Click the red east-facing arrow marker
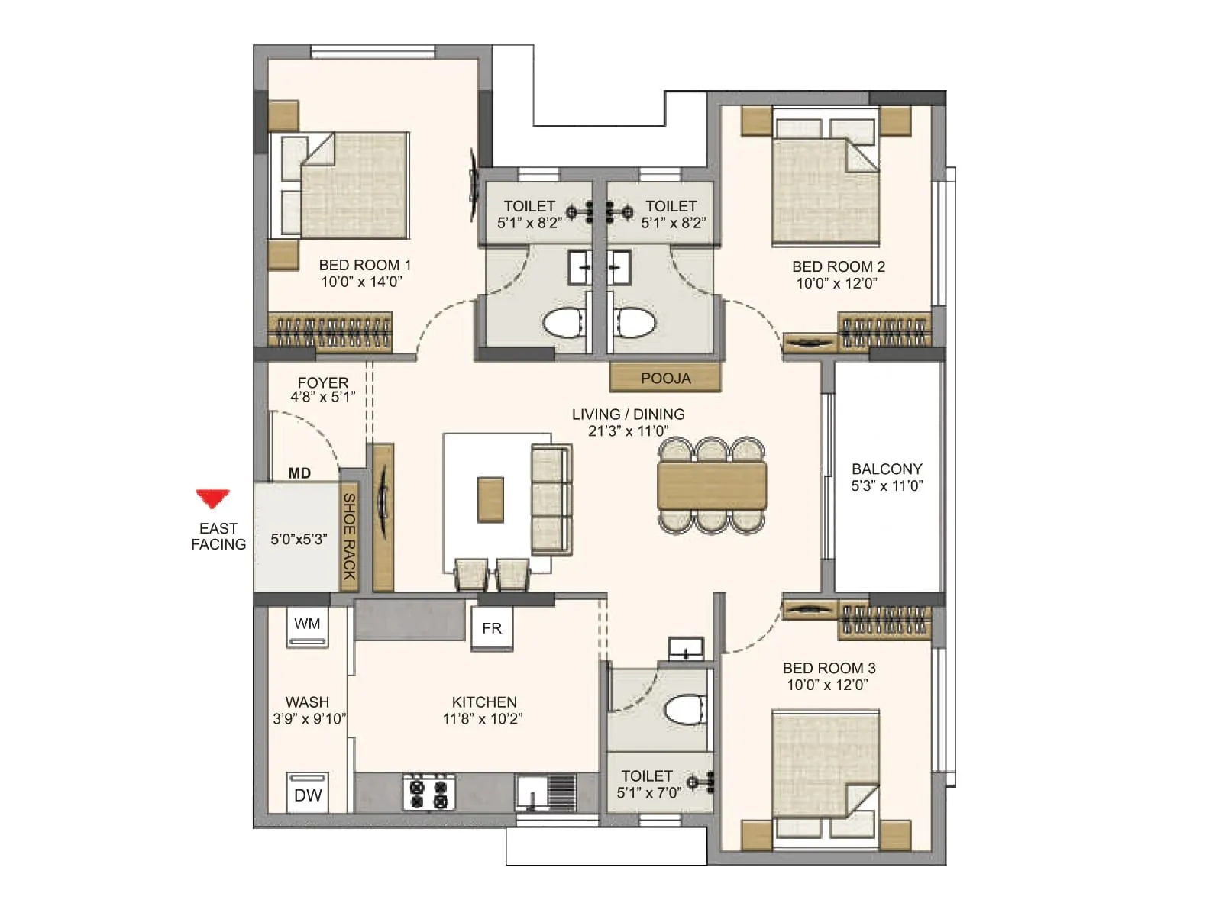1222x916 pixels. [x=212, y=498]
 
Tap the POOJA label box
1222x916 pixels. [x=665, y=378]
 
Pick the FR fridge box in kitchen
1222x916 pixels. [x=492, y=628]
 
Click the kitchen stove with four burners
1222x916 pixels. [x=429, y=792]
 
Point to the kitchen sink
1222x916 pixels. [x=545, y=792]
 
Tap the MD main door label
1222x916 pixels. [x=299, y=473]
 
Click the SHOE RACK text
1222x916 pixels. [x=349, y=536]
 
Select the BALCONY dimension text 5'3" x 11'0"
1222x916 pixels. [x=887, y=485]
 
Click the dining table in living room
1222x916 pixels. [x=712, y=485]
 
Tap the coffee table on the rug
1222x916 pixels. [x=490, y=499]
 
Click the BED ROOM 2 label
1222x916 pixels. [x=838, y=266]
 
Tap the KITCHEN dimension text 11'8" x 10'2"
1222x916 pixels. [x=483, y=718]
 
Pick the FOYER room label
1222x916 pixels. [x=322, y=382]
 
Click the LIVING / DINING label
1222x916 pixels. [x=628, y=414]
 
